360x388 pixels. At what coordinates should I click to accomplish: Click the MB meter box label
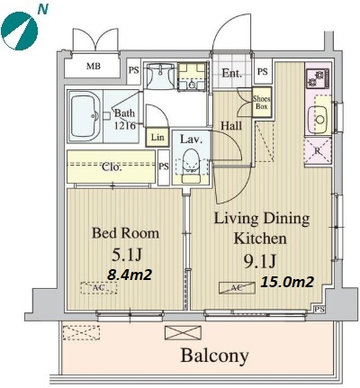[94, 66]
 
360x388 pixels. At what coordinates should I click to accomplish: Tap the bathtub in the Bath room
[85, 116]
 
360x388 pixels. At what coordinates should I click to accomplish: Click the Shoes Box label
[262, 103]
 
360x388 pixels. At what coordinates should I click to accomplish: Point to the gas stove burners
[318, 78]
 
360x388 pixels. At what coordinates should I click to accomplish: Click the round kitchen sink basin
[320, 120]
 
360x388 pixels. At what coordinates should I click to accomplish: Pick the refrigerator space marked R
[318, 151]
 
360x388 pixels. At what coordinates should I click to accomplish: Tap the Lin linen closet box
[157, 138]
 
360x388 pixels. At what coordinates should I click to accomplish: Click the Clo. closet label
[112, 167]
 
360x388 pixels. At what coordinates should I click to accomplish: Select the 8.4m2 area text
[130, 275]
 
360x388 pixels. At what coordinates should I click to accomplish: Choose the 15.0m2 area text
[287, 282]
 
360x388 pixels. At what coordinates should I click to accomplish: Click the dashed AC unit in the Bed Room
[99, 288]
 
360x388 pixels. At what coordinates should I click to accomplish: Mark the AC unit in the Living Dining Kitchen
[237, 288]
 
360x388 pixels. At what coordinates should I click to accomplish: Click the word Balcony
[214, 356]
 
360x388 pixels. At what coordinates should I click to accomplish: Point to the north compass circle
[20, 31]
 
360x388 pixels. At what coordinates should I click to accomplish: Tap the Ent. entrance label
[232, 73]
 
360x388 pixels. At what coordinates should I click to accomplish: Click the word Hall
[231, 126]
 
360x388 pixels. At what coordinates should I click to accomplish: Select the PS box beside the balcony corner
[319, 309]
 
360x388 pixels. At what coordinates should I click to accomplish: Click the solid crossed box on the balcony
[183, 333]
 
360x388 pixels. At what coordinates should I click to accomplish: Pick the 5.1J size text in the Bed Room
[126, 255]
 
